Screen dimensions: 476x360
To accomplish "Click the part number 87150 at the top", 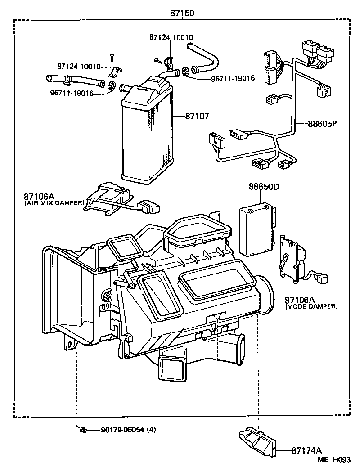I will point(182,13).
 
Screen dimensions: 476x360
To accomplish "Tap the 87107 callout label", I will point(197,116).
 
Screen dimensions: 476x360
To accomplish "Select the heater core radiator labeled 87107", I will point(147,130).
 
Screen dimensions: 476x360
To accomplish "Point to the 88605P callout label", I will point(322,123).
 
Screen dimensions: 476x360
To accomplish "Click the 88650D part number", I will point(264,186).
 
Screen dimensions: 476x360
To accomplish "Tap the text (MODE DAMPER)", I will point(312,306).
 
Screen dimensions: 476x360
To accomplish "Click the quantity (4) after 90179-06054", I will point(152,430).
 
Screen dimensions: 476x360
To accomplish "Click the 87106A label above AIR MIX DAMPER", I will point(39,197).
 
